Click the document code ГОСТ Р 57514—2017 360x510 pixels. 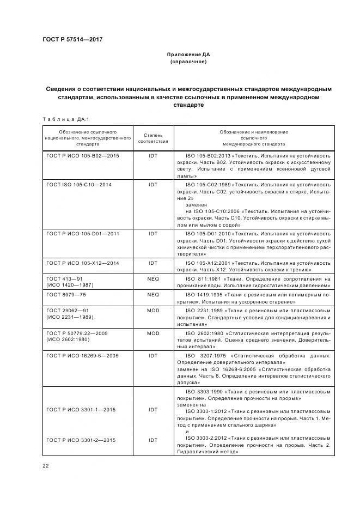[72, 39]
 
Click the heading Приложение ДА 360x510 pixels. [188, 55]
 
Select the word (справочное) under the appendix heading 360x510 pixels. [188, 62]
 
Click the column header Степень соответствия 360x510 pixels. [153, 138]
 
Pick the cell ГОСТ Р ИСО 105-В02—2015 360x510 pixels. [83, 156]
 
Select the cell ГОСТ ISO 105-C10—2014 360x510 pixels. [79, 185]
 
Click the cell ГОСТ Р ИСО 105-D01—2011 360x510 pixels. [83, 233]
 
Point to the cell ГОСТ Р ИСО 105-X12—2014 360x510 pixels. [83, 263]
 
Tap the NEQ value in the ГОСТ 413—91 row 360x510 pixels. [153, 278]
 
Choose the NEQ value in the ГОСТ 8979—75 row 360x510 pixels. [153, 294]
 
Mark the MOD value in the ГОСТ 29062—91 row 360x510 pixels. [153, 310]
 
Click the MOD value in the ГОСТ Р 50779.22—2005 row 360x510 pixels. [153, 333]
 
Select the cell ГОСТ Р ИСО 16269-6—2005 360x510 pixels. [82, 355]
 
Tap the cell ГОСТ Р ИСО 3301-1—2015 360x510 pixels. [81, 410]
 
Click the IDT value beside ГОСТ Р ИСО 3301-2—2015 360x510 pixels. [153, 440]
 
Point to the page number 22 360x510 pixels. [45, 466]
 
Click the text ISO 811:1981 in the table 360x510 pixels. [204, 278]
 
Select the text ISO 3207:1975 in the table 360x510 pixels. [206, 355]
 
